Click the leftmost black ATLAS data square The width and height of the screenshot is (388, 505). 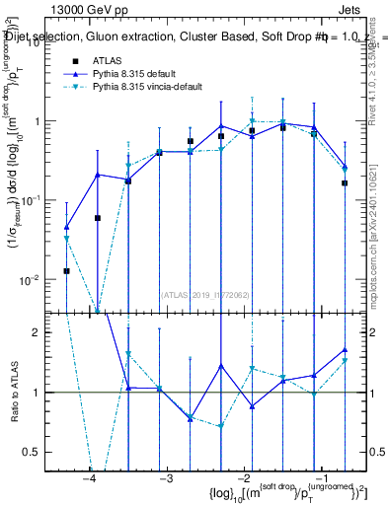pos(66,270)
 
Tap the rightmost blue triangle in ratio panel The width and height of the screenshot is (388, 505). pos(345,349)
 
